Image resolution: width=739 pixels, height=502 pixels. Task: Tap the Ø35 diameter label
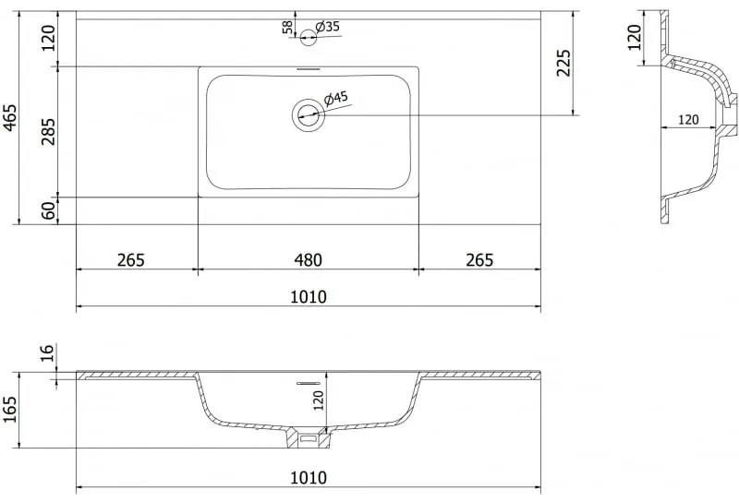(328, 27)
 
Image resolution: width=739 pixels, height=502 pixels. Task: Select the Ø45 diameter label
(336, 99)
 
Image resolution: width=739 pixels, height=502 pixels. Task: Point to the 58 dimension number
(287, 28)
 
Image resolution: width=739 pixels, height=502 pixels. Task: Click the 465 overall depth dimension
(9, 118)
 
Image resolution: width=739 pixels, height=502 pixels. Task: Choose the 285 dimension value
(48, 132)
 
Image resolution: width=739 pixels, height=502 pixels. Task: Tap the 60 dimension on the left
(48, 210)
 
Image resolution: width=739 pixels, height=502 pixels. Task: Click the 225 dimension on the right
(563, 63)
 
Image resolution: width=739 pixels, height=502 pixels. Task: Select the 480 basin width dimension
(309, 259)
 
